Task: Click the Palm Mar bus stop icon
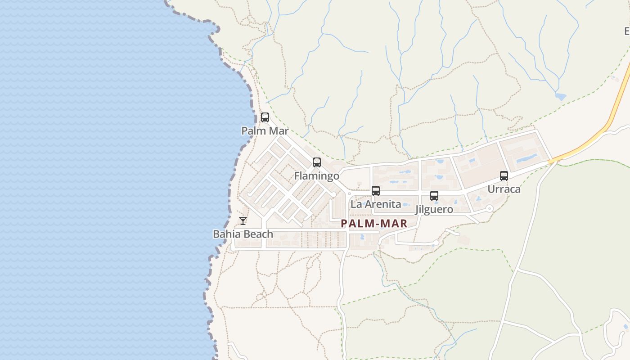pyautogui.click(x=265, y=117)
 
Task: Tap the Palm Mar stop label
pyautogui.click(x=265, y=131)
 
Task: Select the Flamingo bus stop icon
pyautogui.click(x=317, y=162)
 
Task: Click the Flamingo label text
pyautogui.click(x=317, y=175)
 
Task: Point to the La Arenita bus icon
pyautogui.click(x=376, y=191)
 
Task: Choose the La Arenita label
pyautogui.click(x=376, y=204)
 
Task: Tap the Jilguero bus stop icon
pyautogui.click(x=434, y=196)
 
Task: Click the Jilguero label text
pyautogui.click(x=434, y=209)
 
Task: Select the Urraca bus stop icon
pyautogui.click(x=504, y=176)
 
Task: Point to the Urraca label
pyautogui.click(x=504, y=189)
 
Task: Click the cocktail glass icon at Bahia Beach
pyautogui.click(x=243, y=221)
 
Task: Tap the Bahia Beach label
pyautogui.click(x=243, y=234)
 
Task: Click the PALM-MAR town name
pyautogui.click(x=374, y=223)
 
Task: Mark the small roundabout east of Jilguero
pyautogui.click(x=490, y=208)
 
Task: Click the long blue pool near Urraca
pyautogui.click(x=526, y=158)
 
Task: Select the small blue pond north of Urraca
pyautogui.click(x=560, y=96)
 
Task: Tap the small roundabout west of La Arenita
pyautogui.click(x=349, y=193)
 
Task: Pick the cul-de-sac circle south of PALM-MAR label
pyautogui.click(x=436, y=243)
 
